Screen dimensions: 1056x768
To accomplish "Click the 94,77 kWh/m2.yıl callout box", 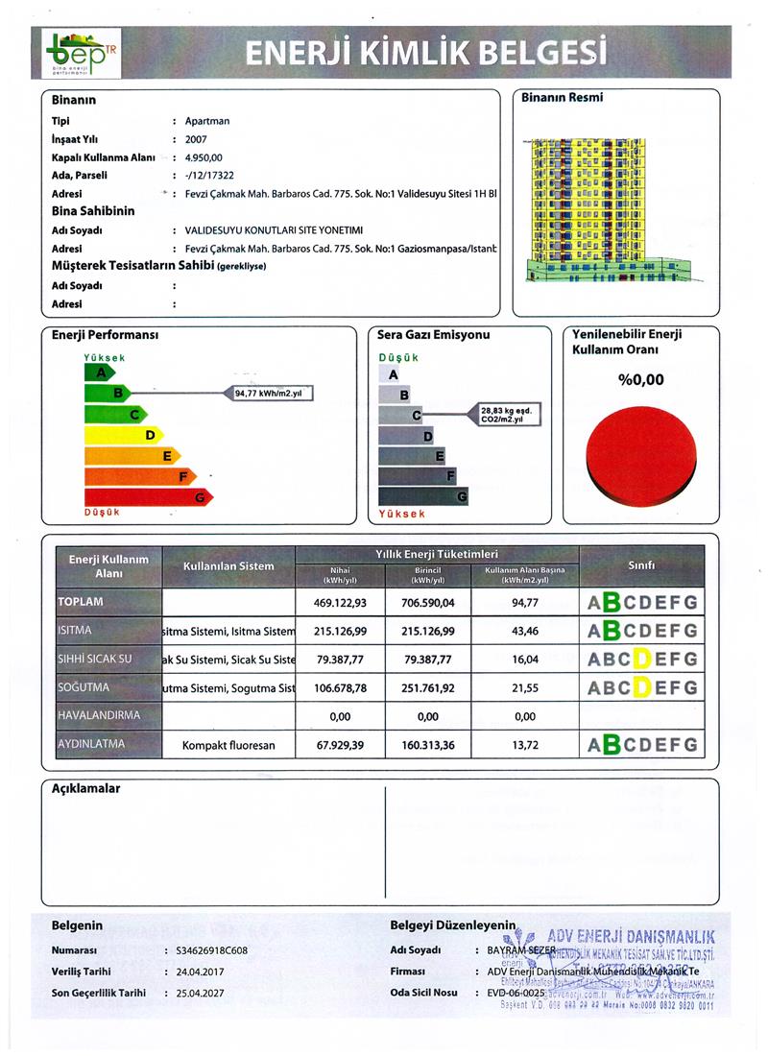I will [x=274, y=393].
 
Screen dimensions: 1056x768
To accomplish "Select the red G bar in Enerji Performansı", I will [x=149, y=497].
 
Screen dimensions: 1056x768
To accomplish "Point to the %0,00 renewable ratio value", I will [x=640, y=380].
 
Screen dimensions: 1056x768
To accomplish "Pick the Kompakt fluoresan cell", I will [x=229, y=744].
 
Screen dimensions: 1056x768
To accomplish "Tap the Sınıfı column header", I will [x=640, y=565].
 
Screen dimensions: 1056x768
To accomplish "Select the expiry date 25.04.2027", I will [x=204, y=992].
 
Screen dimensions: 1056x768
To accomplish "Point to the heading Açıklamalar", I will [x=85, y=789].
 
